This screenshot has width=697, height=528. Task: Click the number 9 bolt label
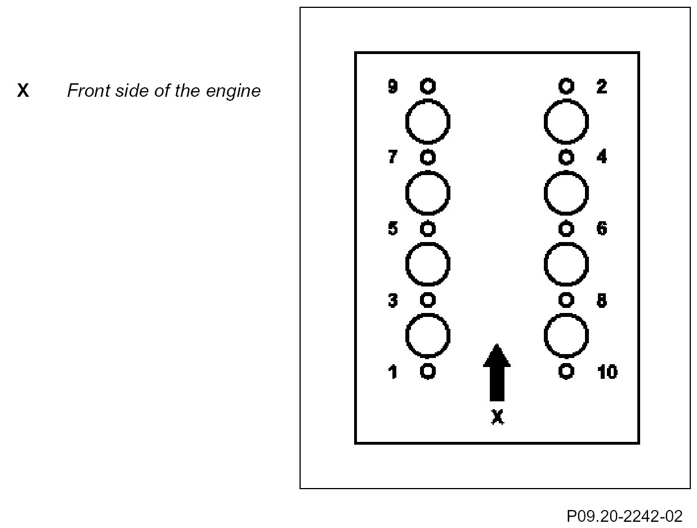[393, 87]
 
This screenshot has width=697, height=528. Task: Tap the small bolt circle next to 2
[567, 86]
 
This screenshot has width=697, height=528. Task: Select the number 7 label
[392, 157]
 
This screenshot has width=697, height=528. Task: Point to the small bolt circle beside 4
[567, 156]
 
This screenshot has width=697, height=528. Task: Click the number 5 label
[393, 229]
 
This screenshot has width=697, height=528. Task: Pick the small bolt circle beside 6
[567, 229]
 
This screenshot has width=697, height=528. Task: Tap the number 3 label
[393, 301]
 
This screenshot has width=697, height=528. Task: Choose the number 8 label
[601, 301]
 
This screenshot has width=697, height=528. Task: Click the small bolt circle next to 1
[428, 372]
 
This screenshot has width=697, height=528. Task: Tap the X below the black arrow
[497, 417]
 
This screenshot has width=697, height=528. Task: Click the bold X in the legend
[23, 91]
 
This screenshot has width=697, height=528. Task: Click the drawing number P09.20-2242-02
[625, 516]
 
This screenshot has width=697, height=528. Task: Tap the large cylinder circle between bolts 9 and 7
[428, 122]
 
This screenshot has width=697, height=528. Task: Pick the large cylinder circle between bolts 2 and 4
[567, 122]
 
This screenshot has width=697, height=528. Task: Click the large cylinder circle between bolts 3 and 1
[428, 336]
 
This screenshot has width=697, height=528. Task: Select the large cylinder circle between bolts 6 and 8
[567, 265]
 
